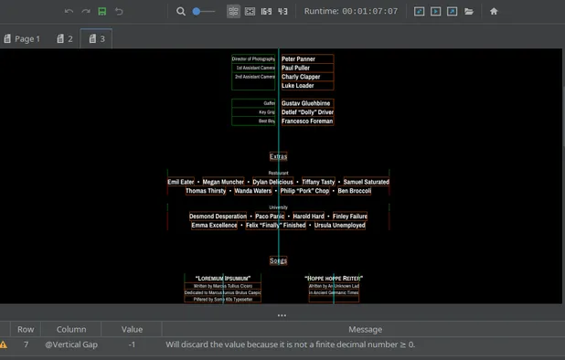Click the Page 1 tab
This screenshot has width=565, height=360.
(21, 39)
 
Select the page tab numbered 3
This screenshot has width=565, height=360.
(96, 39)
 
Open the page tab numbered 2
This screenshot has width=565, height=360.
(64, 39)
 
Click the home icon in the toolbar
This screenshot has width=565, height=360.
(494, 11)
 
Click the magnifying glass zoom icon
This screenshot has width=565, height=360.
(181, 11)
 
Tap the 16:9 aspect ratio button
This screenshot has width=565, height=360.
(266, 11)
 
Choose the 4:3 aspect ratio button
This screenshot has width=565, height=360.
(283, 11)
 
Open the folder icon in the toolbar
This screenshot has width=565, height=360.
(469, 11)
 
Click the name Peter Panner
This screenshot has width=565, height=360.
(298, 58)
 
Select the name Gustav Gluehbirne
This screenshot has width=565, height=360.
(306, 103)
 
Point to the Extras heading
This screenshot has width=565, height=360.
(278, 156)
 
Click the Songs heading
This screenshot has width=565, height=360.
(278, 260)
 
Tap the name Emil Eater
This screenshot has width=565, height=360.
(181, 182)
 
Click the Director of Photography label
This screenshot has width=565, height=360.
(254, 58)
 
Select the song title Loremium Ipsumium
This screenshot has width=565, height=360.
(223, 277)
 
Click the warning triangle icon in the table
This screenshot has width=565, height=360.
(4, 344)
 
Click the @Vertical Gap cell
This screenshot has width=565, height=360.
(71, 344)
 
